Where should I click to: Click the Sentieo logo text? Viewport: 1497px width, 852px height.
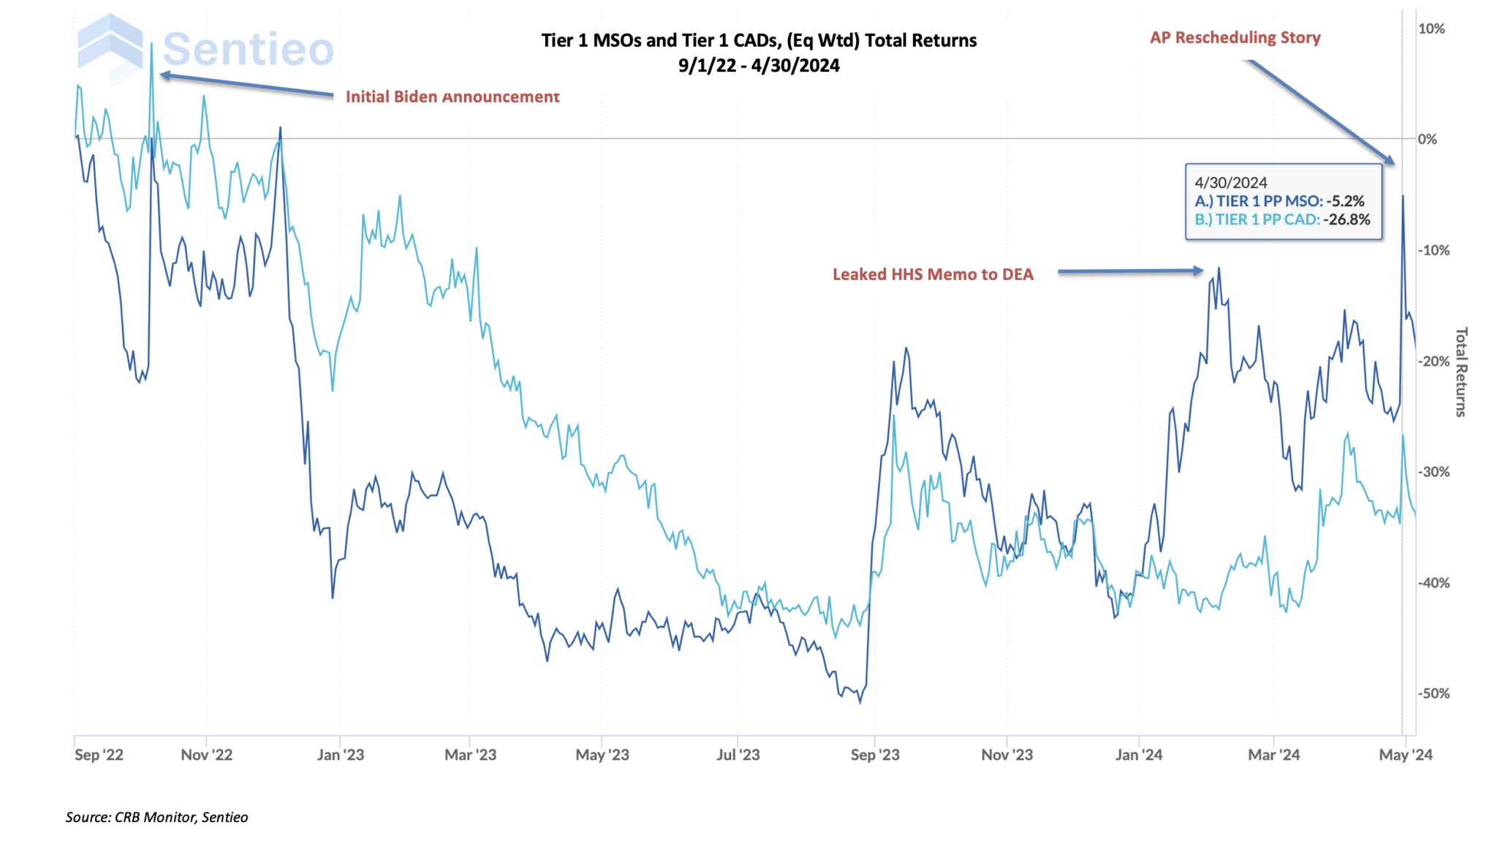pyautogui.click(x=247, y=50)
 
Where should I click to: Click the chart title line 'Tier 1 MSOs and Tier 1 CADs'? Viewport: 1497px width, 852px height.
pyautogui.click(x=758, y=40)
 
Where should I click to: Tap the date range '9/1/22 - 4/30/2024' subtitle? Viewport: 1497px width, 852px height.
pyautogui.click(x=758, y=66)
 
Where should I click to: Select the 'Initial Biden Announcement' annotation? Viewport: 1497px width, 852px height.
pyautogui.click(x=452, y=97)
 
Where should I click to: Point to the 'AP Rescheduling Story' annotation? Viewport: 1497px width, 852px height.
pyautogui.click(x=1235, y=37)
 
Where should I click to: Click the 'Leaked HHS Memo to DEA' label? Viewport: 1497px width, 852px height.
pyautogui.click(x=933, y=274)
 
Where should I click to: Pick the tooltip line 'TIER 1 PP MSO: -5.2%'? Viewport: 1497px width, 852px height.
pyautogui.click(x=1279, y=201)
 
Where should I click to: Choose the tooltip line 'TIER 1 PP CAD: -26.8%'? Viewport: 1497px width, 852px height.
pyautogui.click(x=1282, y=219)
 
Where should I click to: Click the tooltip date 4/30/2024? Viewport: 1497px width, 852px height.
pyautogui.click(x=1231, y=183)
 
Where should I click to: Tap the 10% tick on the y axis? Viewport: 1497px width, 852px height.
pyautogui.click(x=1430, y=29)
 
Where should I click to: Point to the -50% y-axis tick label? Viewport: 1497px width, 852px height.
pyautogui.click(x=1433, y=693)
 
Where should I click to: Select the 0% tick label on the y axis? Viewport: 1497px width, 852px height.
pyautogui.click(x=1427, y=139)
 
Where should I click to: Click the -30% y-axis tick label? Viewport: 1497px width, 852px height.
pyautogui.click(x=1433, y=472)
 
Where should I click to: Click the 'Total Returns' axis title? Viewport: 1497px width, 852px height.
pyautogui.click(x=1460, y=372)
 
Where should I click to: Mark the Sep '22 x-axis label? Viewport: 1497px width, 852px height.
pyautogui.click(x=99, y=755)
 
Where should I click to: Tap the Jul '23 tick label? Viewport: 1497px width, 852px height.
pyautogui.click(x=738, y=755)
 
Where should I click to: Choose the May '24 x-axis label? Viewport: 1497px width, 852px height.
pyautogui.click(x=1405, y=755)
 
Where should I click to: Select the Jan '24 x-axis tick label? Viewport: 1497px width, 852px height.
pyautogui.click(x=1138, y=755)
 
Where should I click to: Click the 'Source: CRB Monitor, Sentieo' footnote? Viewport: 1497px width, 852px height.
pyautogui.click(x=156, y=817)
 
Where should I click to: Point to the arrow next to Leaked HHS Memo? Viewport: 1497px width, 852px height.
pyautogui.click(x=1129, y=271)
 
